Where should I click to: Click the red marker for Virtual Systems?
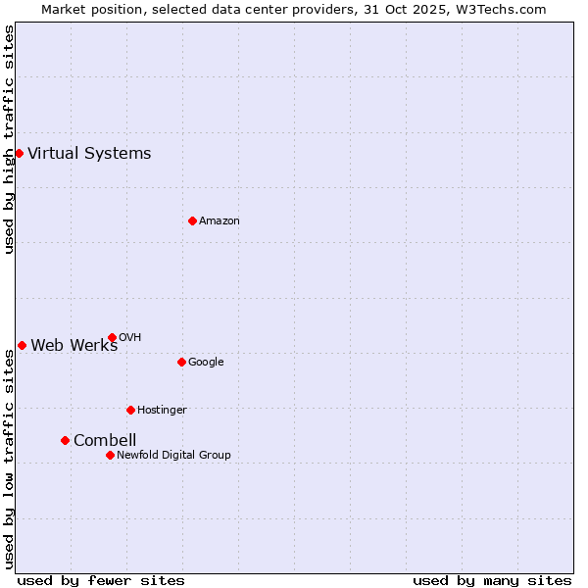(19, 153)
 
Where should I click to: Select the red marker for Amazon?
(192, 220)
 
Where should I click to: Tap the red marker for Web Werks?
(22, 345)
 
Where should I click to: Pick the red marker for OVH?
(112, 337)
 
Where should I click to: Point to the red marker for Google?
(181, 362)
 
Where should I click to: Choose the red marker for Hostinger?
(130, 410)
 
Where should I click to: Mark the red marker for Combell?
(65, 440)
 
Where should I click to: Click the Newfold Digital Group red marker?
(110, 455)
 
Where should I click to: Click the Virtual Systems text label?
(89, 153)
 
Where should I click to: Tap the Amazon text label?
(219, 220)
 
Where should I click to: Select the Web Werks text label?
(73, 345)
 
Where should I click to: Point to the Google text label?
(206, 362)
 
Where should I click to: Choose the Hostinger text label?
(162, 410)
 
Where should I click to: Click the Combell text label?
(105, 440)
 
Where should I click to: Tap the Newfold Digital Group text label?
(173, 455)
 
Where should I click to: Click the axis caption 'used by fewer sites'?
(101, 580)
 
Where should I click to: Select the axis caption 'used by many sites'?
(492, 580)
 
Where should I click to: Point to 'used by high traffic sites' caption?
(9, 139)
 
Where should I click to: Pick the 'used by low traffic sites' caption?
(9, 459)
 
